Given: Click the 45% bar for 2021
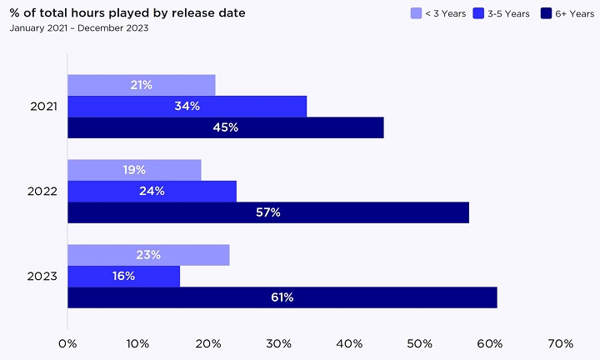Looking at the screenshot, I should (x=225, y=127).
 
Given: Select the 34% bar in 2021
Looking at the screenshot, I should (x=187, y=107).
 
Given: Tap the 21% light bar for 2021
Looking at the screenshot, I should (x=142, y=85).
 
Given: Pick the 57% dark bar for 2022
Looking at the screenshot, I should (x=267, y=212).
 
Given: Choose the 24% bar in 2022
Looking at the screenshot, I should (x=152, y=191).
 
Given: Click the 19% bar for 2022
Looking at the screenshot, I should (x=134, y=170).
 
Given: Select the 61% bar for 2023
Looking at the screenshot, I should (x=282, y=297).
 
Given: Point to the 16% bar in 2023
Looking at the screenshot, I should (x=123, y=276).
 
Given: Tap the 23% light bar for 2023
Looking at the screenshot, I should (x=148, y=255).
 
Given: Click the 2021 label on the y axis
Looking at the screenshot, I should (x=43, y=107).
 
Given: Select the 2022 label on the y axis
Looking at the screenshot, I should (x=43, y=191).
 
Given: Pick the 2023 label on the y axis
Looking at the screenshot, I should (x=43, y=276).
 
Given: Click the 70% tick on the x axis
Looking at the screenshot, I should (x=561, y=342).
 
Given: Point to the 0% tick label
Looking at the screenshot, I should (x=67, y=342).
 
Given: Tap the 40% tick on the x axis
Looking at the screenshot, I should (x=349, y=342).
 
